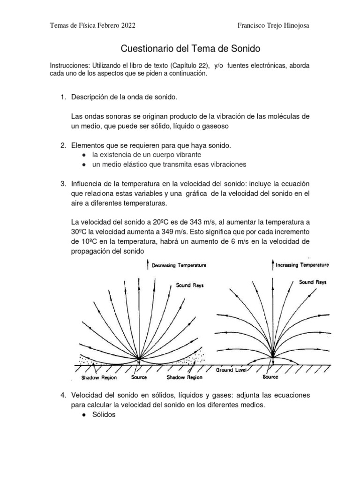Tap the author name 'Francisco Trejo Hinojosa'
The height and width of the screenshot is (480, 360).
click(274, 25)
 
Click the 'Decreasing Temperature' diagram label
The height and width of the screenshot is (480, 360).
click(179, 265)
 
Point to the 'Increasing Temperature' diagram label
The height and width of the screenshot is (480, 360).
click(302, 265)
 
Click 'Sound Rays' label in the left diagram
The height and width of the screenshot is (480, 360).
click(190, 285)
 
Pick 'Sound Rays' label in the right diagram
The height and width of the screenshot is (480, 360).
click(313, 282)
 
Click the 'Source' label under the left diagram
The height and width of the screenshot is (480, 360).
click(139, 377)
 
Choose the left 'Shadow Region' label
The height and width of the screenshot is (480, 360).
click(99, 377)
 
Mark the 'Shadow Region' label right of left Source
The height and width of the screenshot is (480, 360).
click(185, 377)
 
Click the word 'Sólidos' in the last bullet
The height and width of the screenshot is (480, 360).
click(105, 416)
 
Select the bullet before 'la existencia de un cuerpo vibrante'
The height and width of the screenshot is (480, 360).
click(83, 154)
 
